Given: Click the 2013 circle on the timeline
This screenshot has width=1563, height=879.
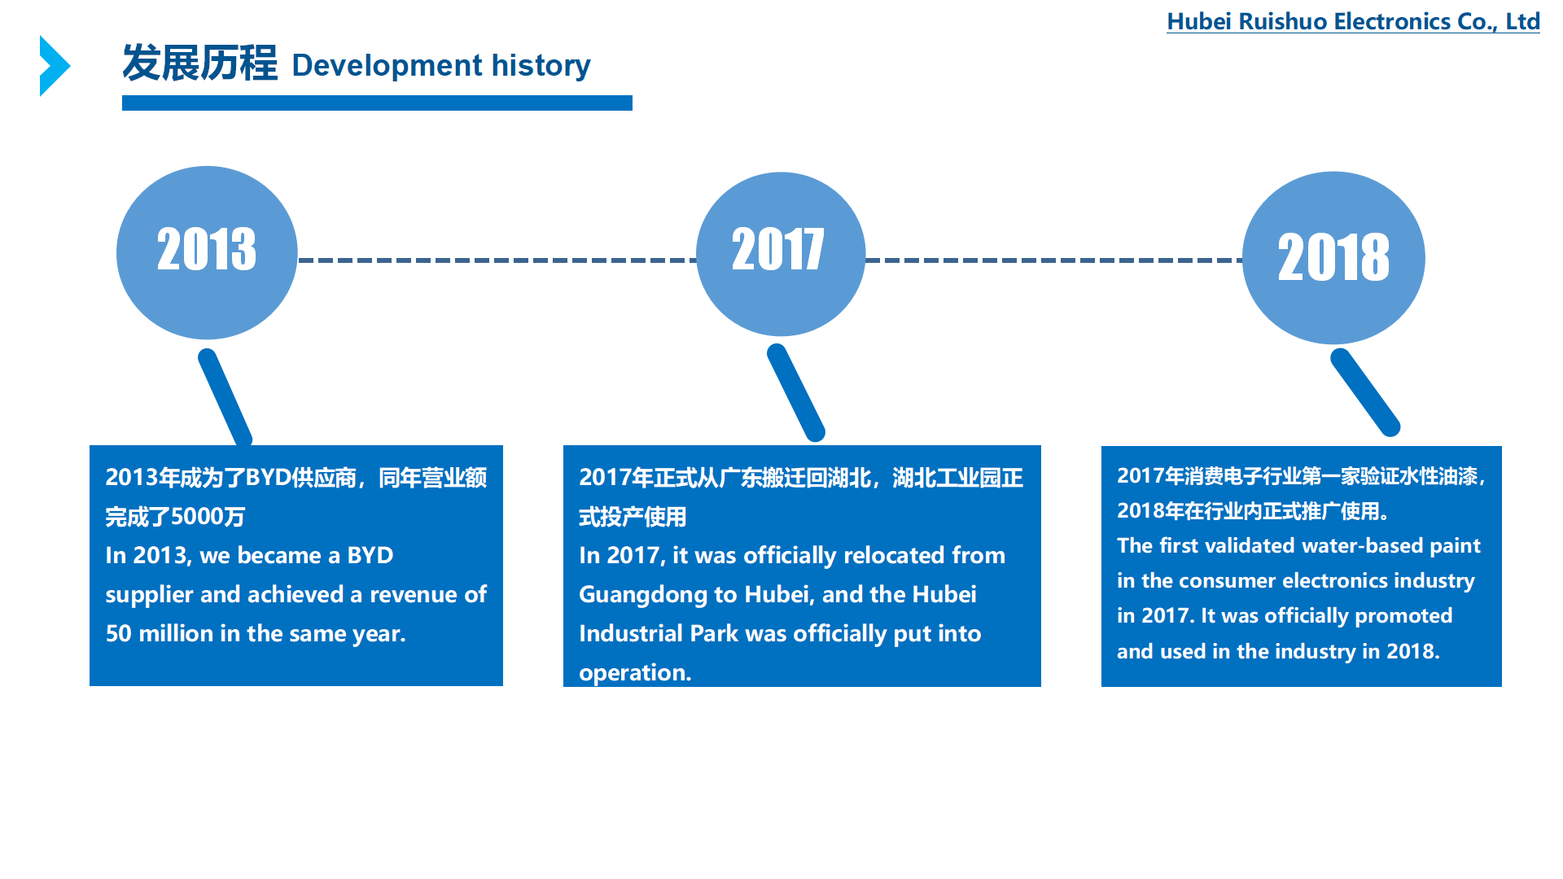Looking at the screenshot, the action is coord(207,253).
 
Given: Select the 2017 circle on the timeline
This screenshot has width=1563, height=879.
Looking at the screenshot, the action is coord(781,254).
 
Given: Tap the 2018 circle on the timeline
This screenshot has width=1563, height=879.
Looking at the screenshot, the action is coord(1333,257).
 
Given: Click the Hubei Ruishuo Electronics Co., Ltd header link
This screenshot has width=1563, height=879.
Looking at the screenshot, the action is coord(1353,22).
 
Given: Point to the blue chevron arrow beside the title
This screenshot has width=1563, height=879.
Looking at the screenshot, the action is coord(55,66).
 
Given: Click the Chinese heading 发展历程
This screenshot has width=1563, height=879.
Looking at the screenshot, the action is coord(199,63).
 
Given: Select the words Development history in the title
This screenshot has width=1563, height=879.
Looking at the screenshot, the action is coord(441,66).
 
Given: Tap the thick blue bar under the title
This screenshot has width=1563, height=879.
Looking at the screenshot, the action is coord(377,103).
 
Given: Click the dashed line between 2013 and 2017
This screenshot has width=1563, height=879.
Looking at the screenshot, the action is coord(497,260).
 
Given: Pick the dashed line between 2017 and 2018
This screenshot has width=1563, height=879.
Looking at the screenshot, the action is coord(1054,260).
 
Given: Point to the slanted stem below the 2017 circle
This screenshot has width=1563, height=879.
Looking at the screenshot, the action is coord(796,393).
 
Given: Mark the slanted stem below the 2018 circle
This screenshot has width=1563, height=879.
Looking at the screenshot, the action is coord(1365,392).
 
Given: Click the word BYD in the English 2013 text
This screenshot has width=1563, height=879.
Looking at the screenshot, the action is coord(370,555).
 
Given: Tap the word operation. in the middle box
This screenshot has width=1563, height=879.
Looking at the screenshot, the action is coord(635,673).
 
